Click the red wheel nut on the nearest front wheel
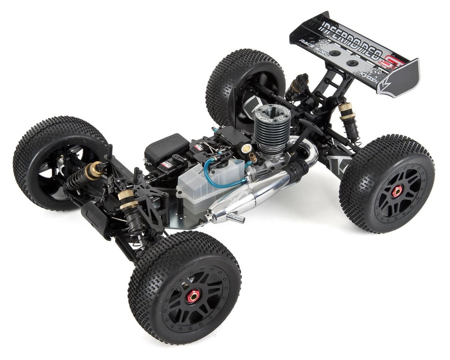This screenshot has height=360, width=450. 193,297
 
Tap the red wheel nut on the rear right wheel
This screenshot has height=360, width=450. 396,191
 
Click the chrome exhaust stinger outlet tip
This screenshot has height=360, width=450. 235,218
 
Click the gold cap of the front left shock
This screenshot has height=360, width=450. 99,167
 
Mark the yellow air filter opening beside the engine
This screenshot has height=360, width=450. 247,148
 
